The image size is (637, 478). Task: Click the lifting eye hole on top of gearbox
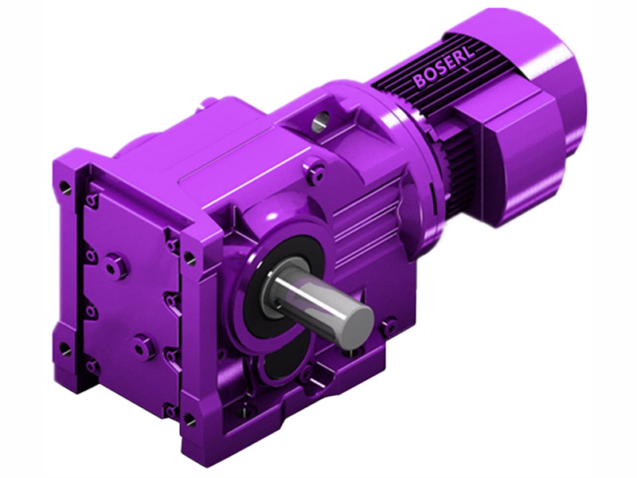(319, 122)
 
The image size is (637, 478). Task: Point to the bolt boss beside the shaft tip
(389, 325)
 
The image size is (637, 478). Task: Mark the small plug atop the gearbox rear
(209, 101)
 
